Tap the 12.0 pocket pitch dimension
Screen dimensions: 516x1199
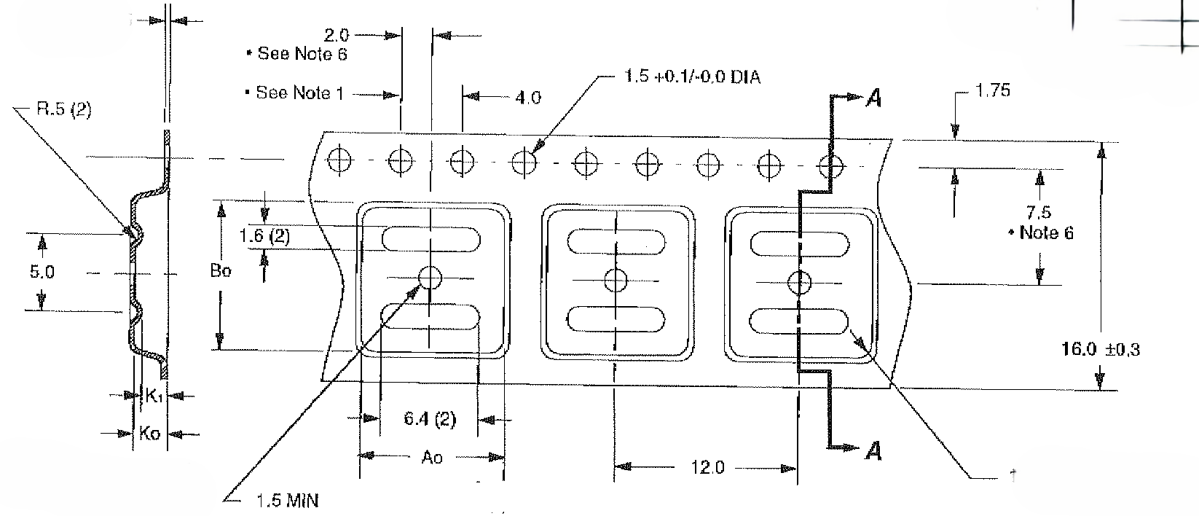point(707,467)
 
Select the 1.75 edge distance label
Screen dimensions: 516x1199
point(993,91)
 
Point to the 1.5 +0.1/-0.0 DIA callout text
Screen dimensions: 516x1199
point(693,77)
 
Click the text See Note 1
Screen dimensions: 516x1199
point(299,93)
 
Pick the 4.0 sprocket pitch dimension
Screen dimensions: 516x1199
point(528,98)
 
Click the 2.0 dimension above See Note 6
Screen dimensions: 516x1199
point(336,35)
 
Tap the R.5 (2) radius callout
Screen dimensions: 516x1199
point(63,111)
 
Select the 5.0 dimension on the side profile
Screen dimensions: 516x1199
point(42,273)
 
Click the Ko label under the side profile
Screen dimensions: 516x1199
point(149,434)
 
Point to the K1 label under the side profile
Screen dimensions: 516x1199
point(154,396)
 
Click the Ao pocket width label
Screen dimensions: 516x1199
point(432,458)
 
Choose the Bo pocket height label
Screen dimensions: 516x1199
point(221,270)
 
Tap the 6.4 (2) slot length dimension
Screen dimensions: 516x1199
point(430,419)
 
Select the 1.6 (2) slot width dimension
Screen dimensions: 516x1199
point(264,236)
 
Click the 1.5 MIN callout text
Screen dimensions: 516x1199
point(287,501)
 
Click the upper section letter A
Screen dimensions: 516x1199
point(874,98)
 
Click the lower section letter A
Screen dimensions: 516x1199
point(874,452)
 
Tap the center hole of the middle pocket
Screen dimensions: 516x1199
point(616,278)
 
